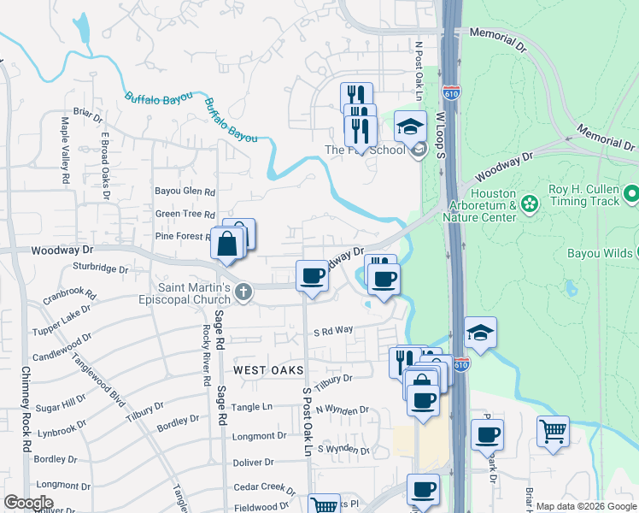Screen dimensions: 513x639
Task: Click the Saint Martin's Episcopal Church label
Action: click(x=185, y=293)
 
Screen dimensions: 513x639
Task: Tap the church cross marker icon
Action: click(x=243, y=292)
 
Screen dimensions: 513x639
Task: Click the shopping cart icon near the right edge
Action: click(x=553, y=432)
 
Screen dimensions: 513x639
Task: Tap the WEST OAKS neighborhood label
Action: click(x=269, y=369)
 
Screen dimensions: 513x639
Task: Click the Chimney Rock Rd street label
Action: click(x=26, y=410)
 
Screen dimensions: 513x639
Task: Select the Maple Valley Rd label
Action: click(x=65, y=151)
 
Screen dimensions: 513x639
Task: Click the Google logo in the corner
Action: click(x=28, y=502)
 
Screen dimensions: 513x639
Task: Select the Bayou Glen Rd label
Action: click(x=185, y=192)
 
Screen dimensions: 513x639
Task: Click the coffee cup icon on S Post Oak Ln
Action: click(x=312, y=276)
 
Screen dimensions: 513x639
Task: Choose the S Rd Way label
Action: click(x=333, y=330)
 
